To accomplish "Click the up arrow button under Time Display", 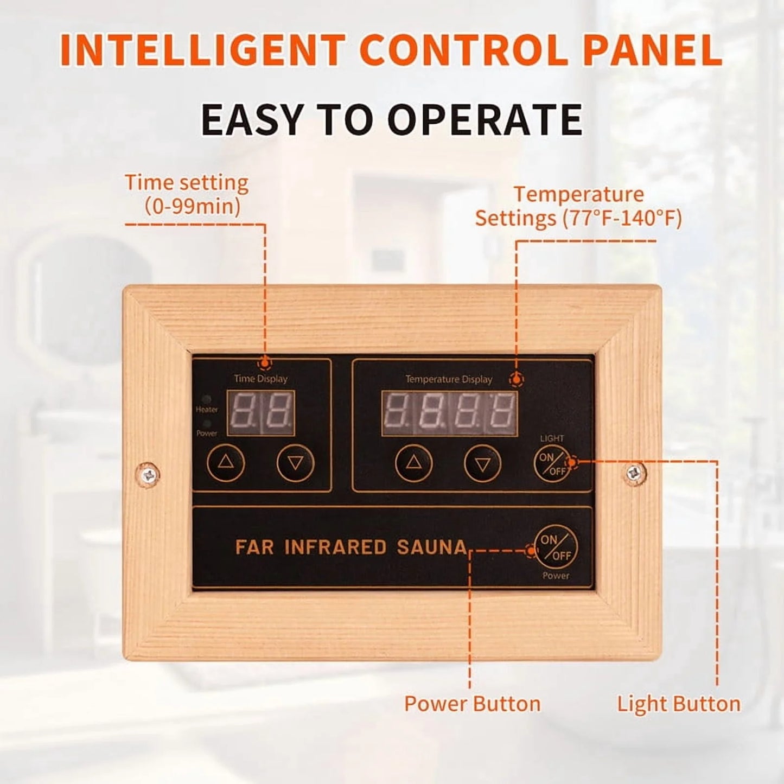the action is click(226, 463).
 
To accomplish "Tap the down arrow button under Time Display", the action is click(295, 463).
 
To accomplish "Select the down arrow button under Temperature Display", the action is click(483, 464).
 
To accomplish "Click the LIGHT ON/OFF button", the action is click(552, 464).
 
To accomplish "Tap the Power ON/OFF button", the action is click(556, 547).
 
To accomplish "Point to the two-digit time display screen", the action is click(261, 413).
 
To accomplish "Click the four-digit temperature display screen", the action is click(449, 413).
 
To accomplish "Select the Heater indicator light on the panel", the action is click(207, 399).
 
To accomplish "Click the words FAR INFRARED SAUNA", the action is click(351, 547).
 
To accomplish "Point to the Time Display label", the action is click(261, 379).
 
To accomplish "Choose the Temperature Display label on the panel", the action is click(449, 379).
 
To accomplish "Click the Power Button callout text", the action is click(473, 704).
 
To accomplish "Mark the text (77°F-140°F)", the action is click(622, 219).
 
